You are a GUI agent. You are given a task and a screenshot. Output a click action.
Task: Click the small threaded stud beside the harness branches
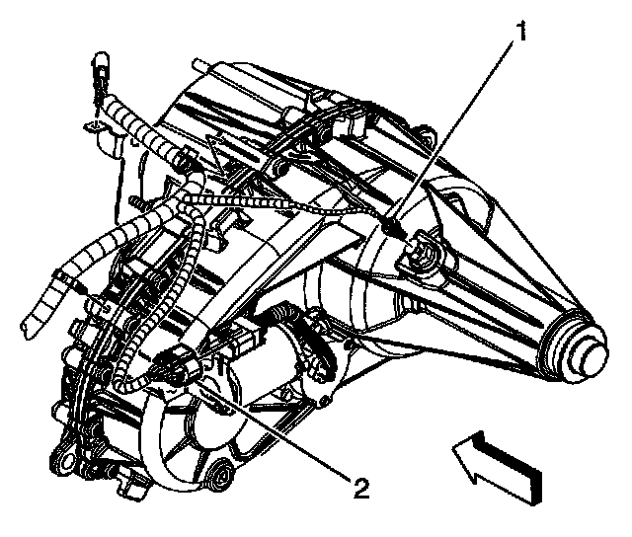89,296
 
